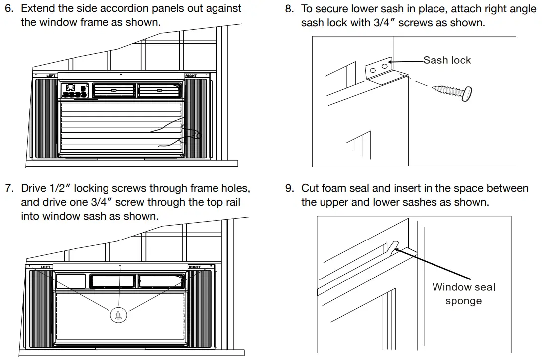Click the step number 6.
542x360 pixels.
(x=8, y=8)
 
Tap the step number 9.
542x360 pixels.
(x=289, y=188)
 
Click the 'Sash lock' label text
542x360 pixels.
(x=446, y=60)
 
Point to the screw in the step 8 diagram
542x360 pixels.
(x=453, y=92)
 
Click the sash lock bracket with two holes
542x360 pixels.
(x=379, y=69)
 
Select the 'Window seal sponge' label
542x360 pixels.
(x=463, y=294)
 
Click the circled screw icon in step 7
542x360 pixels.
(x=119, y=314)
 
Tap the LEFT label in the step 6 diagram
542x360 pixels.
(x=51, y=76)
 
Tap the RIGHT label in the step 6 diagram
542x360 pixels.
(x=191, y=76)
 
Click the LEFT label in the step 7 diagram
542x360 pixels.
(x=46, y=267)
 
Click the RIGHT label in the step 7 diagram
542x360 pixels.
(x=194, y=267)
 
